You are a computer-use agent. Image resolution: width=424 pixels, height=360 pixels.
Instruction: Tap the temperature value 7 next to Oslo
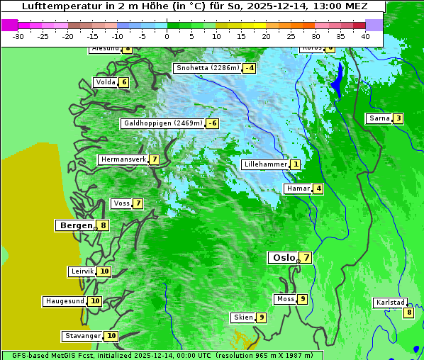coord(305,258)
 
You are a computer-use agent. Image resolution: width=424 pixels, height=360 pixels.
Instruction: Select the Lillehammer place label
coord(265,164)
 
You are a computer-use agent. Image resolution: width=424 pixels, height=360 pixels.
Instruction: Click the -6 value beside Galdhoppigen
coord(212,123)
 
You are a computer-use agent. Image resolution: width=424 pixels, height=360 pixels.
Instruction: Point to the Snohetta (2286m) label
coord(207,68)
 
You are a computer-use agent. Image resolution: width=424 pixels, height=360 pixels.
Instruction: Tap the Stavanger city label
coord(82,336)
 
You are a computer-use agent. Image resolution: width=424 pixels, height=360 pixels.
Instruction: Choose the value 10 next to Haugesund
coord(95,301)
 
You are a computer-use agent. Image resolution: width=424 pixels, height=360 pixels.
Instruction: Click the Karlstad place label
coord(389,303)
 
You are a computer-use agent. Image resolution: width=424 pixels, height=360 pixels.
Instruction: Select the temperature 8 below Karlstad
coord(408,313)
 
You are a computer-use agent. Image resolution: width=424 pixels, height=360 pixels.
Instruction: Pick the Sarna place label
coord(379,118)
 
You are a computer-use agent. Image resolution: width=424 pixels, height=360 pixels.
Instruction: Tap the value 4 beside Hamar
coord(318,189)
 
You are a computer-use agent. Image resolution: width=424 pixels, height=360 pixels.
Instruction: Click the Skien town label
coord(242,317)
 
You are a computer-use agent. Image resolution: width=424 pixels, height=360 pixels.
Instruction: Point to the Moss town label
coord(285,299)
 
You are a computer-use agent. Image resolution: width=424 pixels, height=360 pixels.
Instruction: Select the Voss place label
coord(121,203)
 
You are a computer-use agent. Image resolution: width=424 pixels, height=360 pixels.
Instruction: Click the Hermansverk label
coord(123,159)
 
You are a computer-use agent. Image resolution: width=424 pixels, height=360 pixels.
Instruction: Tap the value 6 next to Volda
coord(124,82)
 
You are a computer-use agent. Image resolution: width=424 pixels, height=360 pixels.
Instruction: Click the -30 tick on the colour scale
coord(18,36)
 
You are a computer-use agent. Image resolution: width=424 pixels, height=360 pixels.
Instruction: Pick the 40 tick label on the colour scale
coord(365,36)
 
